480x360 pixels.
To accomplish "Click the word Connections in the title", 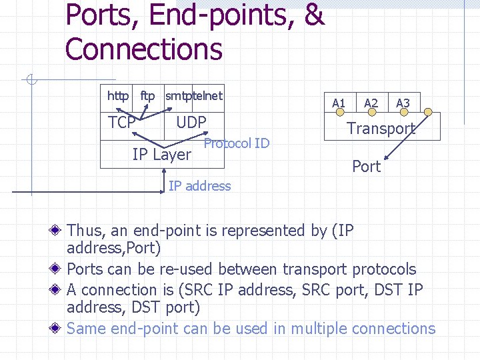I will tap(144, 49).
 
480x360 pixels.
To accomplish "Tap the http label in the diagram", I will tap(118, 97).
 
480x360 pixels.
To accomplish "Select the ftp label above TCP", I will tap(147, 97).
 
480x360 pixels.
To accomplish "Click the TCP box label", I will tap(122, 123).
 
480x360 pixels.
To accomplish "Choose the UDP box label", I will tap(191, 122).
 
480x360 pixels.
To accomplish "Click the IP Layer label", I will tap(161, 155).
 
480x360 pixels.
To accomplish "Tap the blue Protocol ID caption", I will tap(236, 143).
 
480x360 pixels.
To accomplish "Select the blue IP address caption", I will tap(199, 186).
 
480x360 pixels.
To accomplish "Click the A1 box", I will tap(339, 103).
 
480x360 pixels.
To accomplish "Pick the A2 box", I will tap(371, 103).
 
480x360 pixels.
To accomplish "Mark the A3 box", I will tap(403, 103).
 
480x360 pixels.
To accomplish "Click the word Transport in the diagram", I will tap(381, 129).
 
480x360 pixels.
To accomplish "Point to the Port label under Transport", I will tap(366, 166).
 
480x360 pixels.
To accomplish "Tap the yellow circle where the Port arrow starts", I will tap(429, 112).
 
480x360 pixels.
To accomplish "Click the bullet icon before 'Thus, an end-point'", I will tap(60, 231).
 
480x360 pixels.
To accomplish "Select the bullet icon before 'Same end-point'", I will tap(60, 329).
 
